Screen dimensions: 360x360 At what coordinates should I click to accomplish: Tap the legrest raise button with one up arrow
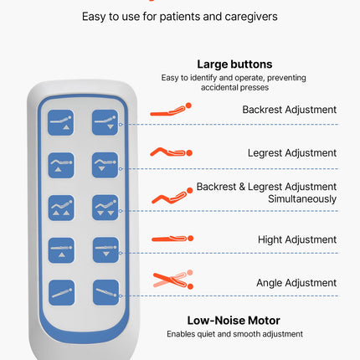click(x=61, y=166)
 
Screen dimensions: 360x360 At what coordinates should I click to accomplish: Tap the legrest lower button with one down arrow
click(x=105, y=165)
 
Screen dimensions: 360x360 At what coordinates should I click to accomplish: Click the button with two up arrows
click(x=61, y=208)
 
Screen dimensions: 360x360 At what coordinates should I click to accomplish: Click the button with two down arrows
click(x=105, y=208)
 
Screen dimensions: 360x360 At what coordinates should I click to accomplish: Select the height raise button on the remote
click(x=61, y=250)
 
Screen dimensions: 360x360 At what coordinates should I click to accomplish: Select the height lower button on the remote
click(x=105, y=250)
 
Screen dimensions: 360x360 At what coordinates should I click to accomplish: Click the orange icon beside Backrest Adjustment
click(x=171, y=110)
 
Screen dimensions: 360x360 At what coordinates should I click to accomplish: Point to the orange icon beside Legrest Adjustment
click(x=171, y=152)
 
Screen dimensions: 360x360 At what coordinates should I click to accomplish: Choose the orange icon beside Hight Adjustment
click(x=172, y=239)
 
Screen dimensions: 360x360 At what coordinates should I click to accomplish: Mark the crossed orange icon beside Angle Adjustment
click(x=173, y=280)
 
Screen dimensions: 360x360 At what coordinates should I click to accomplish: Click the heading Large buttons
click(x=234, y=64)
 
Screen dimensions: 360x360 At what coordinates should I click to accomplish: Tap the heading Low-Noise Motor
click(x=234, y=321)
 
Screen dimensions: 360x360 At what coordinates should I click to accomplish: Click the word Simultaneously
click(x=302, y=199)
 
